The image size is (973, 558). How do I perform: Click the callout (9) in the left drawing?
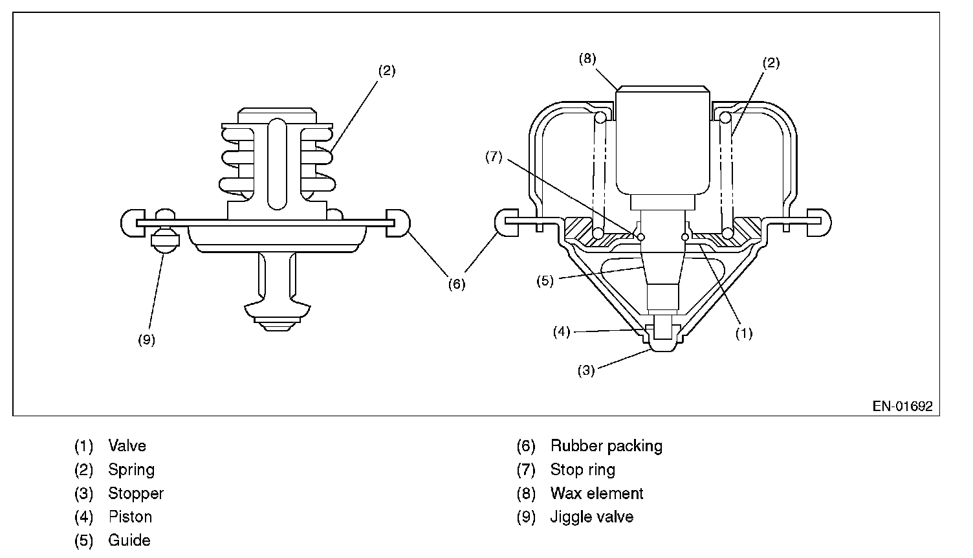(147, 340)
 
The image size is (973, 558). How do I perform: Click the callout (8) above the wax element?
(587, 59)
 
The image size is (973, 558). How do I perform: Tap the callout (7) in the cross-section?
(494, 157)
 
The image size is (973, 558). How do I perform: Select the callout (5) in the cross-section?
(545, 282)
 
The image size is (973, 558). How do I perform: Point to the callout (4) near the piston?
(561, 332)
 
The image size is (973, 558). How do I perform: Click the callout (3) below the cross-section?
(586, 370)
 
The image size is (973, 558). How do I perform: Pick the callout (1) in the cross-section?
(744, 333)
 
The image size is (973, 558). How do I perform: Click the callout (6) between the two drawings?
(457, 284)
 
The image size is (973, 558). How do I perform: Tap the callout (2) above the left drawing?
(386, 71)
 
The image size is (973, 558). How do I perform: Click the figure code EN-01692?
(902, 407)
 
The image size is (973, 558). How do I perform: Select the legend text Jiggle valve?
(591, 517)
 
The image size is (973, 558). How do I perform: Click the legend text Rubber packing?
(606, 445)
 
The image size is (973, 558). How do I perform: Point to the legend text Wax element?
(596, 493)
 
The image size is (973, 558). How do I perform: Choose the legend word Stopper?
(136, 493)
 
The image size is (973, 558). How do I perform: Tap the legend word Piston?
(130, 517)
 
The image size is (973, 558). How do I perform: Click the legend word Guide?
(129, 541)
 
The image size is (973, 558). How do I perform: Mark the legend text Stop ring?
(582, 469)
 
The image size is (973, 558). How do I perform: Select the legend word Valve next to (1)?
(127, 445)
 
